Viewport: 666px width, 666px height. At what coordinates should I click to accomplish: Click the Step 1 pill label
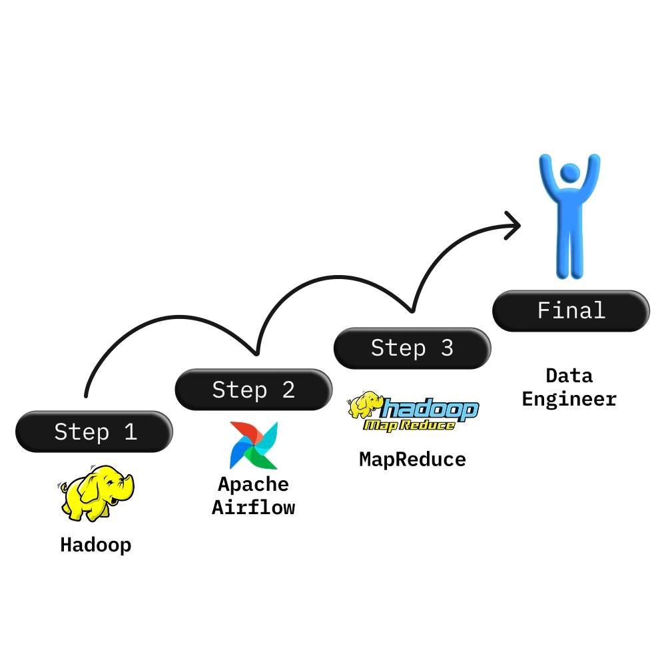pos(95,432)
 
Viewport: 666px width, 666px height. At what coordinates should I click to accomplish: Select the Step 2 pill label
pos(253,390)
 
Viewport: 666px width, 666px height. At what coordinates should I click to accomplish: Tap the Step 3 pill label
pos(412,348)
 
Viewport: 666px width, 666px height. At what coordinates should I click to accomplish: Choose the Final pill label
pos(571,310)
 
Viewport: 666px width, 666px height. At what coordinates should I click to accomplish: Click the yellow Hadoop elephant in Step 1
pos(96,493)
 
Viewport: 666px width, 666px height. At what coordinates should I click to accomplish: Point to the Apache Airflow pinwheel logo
pos(254,445)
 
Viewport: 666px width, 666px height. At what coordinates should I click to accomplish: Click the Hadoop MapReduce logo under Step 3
pos(413,412)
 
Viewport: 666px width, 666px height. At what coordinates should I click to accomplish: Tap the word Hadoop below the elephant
pos(96,545)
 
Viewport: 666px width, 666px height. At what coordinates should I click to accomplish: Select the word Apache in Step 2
pos(254,484)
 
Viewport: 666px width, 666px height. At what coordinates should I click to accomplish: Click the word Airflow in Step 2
pos(254,507)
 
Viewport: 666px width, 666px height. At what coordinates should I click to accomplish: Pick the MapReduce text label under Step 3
pos(413,459)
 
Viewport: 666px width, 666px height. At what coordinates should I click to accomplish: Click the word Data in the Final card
pos(569,376)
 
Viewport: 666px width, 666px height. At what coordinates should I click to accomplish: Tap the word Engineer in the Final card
pos(569,399)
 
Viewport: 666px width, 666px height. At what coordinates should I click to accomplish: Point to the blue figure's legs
pos(569,253)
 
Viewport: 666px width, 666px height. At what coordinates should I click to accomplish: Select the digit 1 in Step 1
pos(131,432)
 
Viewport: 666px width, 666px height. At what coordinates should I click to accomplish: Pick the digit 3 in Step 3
pos(447,348)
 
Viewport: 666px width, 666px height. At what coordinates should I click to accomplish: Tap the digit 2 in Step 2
pos(288,390)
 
